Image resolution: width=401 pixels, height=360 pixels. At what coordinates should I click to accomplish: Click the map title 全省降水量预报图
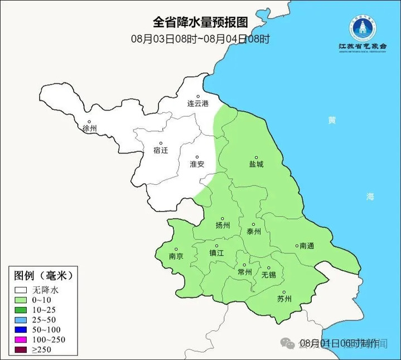click(200, 22)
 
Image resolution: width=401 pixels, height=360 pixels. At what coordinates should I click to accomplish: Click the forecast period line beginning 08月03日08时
click(200, 39)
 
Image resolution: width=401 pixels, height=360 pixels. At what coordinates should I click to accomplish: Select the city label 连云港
click(197, 104)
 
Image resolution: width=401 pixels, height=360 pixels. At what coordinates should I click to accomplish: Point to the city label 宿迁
click(160, 150)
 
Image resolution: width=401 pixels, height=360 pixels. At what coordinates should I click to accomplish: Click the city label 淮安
click(197, 164)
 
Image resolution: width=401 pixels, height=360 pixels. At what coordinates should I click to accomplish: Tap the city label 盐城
click(257, 164)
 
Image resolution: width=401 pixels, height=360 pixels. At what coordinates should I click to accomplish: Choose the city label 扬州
click(223, 225)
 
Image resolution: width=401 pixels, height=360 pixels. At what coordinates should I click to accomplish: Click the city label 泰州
click(254, 231)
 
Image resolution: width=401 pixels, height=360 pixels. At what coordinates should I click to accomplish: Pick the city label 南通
click(307, 246)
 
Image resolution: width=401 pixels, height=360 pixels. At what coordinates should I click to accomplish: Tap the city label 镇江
click(216, 252)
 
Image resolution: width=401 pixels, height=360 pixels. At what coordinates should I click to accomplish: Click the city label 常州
click(244, 272)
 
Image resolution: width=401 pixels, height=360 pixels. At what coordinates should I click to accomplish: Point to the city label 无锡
click(269, 275)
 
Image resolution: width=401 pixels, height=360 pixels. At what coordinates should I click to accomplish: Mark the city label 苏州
click(284, 299)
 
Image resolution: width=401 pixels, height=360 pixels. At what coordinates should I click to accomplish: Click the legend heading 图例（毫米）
click(44, 276)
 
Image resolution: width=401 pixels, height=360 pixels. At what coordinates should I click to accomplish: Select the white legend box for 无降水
click(22, 290)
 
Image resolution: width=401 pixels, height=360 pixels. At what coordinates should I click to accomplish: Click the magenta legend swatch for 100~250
click(22, 340)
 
